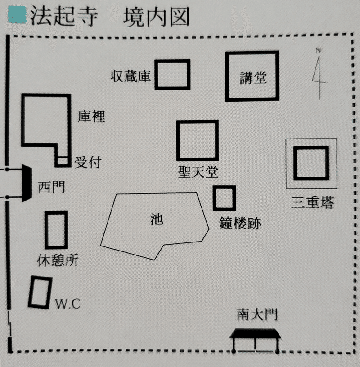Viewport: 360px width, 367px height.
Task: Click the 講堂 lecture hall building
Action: [252, 76]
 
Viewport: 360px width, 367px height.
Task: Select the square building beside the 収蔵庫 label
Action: [172, 75]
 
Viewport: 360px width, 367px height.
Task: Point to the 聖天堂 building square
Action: [197, 140]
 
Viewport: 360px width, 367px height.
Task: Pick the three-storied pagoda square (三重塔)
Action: [311, 163]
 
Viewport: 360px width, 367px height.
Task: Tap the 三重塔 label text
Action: [312, 203]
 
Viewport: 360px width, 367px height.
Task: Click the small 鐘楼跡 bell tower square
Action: [224, 198]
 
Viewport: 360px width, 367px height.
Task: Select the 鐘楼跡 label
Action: [240, 224]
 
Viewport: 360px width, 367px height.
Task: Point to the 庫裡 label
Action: [91, 116]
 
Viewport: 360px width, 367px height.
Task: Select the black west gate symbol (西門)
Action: [26, 183]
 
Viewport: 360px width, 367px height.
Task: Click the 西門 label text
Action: [51, 186]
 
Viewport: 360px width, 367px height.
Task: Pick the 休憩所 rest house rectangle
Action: [56, 230]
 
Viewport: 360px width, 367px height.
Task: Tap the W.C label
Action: [67, 304]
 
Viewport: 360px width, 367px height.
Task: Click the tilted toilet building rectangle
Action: [40, 292]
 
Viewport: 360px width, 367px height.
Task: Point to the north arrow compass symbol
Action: [319, 74]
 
